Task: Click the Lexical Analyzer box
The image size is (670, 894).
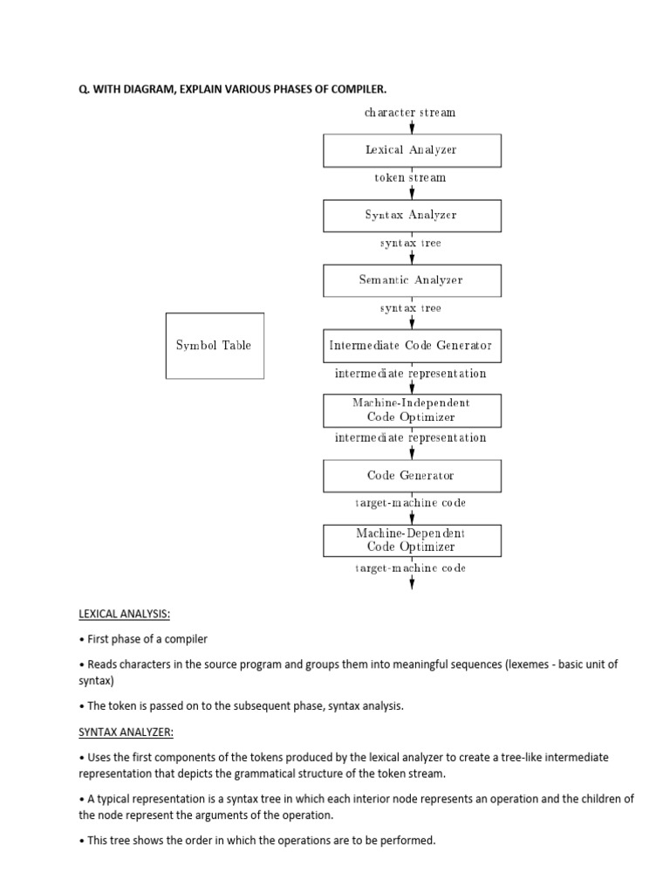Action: click(x=412, y=150)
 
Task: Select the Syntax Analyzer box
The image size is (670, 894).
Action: click(x=412, y=215)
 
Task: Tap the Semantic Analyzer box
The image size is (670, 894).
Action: click(x=412, y=280)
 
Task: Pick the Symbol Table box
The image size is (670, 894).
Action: click(x=215, y=346)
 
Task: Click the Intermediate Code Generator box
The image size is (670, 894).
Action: click(x=412, y=346)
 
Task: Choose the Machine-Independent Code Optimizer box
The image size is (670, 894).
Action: click(x=412, y=409)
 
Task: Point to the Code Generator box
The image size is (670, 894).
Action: click(x=412, y=476)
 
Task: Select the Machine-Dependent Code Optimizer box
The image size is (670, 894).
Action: click(x=412, y=540)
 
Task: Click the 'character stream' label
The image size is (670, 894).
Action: click(x=410, y=113)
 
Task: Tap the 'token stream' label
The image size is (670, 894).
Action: click(x=410, y=178)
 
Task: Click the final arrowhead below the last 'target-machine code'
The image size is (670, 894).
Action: click(x=412, y=586)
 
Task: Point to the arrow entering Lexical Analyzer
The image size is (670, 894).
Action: click(x=412, y=127)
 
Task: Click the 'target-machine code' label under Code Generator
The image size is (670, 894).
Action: click(x=410, y=504)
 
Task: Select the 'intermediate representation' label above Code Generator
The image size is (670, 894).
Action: click(x=410, y=438)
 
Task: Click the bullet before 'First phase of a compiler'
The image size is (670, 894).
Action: click(x=82, y=640)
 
